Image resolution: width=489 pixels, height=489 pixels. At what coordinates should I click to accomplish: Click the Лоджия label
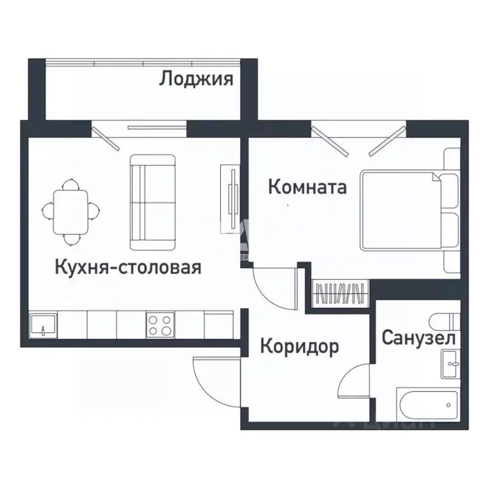point(196,80)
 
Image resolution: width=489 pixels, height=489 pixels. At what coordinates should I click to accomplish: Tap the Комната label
point(307,187)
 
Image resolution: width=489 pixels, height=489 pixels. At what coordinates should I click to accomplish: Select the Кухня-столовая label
point(128,267)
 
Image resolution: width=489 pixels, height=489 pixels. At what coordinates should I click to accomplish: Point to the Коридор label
point(299,347)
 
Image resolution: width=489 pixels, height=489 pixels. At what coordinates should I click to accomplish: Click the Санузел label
point(418,337)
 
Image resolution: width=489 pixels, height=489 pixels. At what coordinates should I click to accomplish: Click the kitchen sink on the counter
point(43,325)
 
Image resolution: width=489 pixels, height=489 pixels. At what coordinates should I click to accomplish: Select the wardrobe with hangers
point(341,295)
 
